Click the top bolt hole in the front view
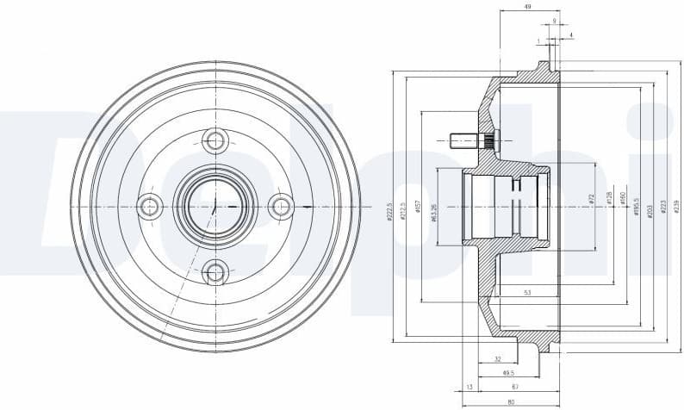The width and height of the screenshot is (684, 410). (x=215, y=140)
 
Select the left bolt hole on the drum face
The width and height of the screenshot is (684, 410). (x=150, y=206)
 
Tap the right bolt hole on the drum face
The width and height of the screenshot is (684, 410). (x=281, y=206)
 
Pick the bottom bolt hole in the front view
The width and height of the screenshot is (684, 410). (x=215, y=273)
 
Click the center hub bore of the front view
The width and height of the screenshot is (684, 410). (x=215, y=206)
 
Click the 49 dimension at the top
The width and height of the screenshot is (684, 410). (x=526, y=7)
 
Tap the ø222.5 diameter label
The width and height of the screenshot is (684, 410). (x=390, y=212)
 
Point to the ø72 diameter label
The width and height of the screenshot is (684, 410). (x=593, y=199)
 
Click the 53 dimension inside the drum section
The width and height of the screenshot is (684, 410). (x=526, y=294)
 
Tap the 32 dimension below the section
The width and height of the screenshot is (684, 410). (x=498, y=358)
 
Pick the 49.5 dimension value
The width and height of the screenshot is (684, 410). (x=508, y=373)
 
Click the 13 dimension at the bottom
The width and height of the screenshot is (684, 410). (x=469, y=388)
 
